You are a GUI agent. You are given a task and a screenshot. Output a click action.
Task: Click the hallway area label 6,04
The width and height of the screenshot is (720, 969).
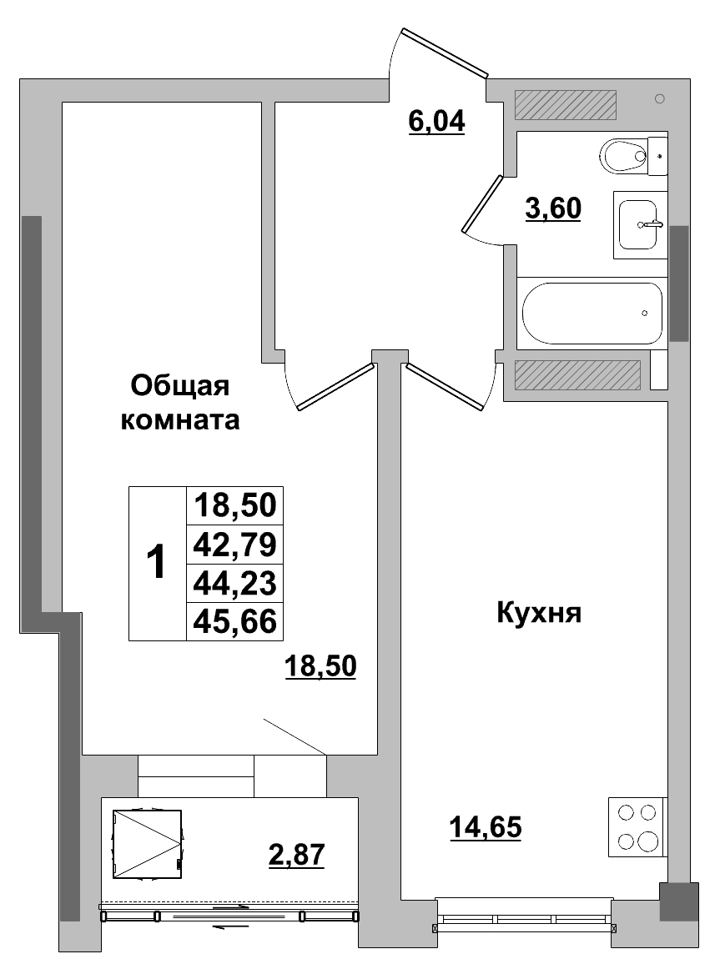point(436,122)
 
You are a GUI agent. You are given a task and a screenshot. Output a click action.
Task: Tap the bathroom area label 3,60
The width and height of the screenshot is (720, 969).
point(552,208)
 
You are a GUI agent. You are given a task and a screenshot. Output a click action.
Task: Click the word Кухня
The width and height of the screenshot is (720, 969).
point(538,615)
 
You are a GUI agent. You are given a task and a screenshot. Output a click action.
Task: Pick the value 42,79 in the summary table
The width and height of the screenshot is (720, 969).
point(234,544)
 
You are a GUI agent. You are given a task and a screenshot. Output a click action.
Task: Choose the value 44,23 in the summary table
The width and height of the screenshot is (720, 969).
point(234,582)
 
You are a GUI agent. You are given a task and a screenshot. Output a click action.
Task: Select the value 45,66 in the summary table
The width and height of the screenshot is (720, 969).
point(234,620)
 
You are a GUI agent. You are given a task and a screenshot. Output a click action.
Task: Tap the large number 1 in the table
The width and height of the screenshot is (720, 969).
point(156,563)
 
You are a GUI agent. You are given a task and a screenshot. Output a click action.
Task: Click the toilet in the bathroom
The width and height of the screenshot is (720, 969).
point(631,154)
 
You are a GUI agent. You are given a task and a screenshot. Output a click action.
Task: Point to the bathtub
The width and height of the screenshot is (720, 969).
point(592,313)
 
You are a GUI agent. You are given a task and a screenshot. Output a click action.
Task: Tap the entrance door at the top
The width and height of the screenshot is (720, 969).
point(444,53)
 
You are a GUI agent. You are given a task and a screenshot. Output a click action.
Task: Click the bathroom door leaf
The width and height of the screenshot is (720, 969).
point(482,204)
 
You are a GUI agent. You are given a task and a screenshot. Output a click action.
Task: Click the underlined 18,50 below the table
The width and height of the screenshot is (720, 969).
point(320,666)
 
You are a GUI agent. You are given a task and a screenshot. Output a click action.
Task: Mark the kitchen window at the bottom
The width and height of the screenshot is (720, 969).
point(523,919)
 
